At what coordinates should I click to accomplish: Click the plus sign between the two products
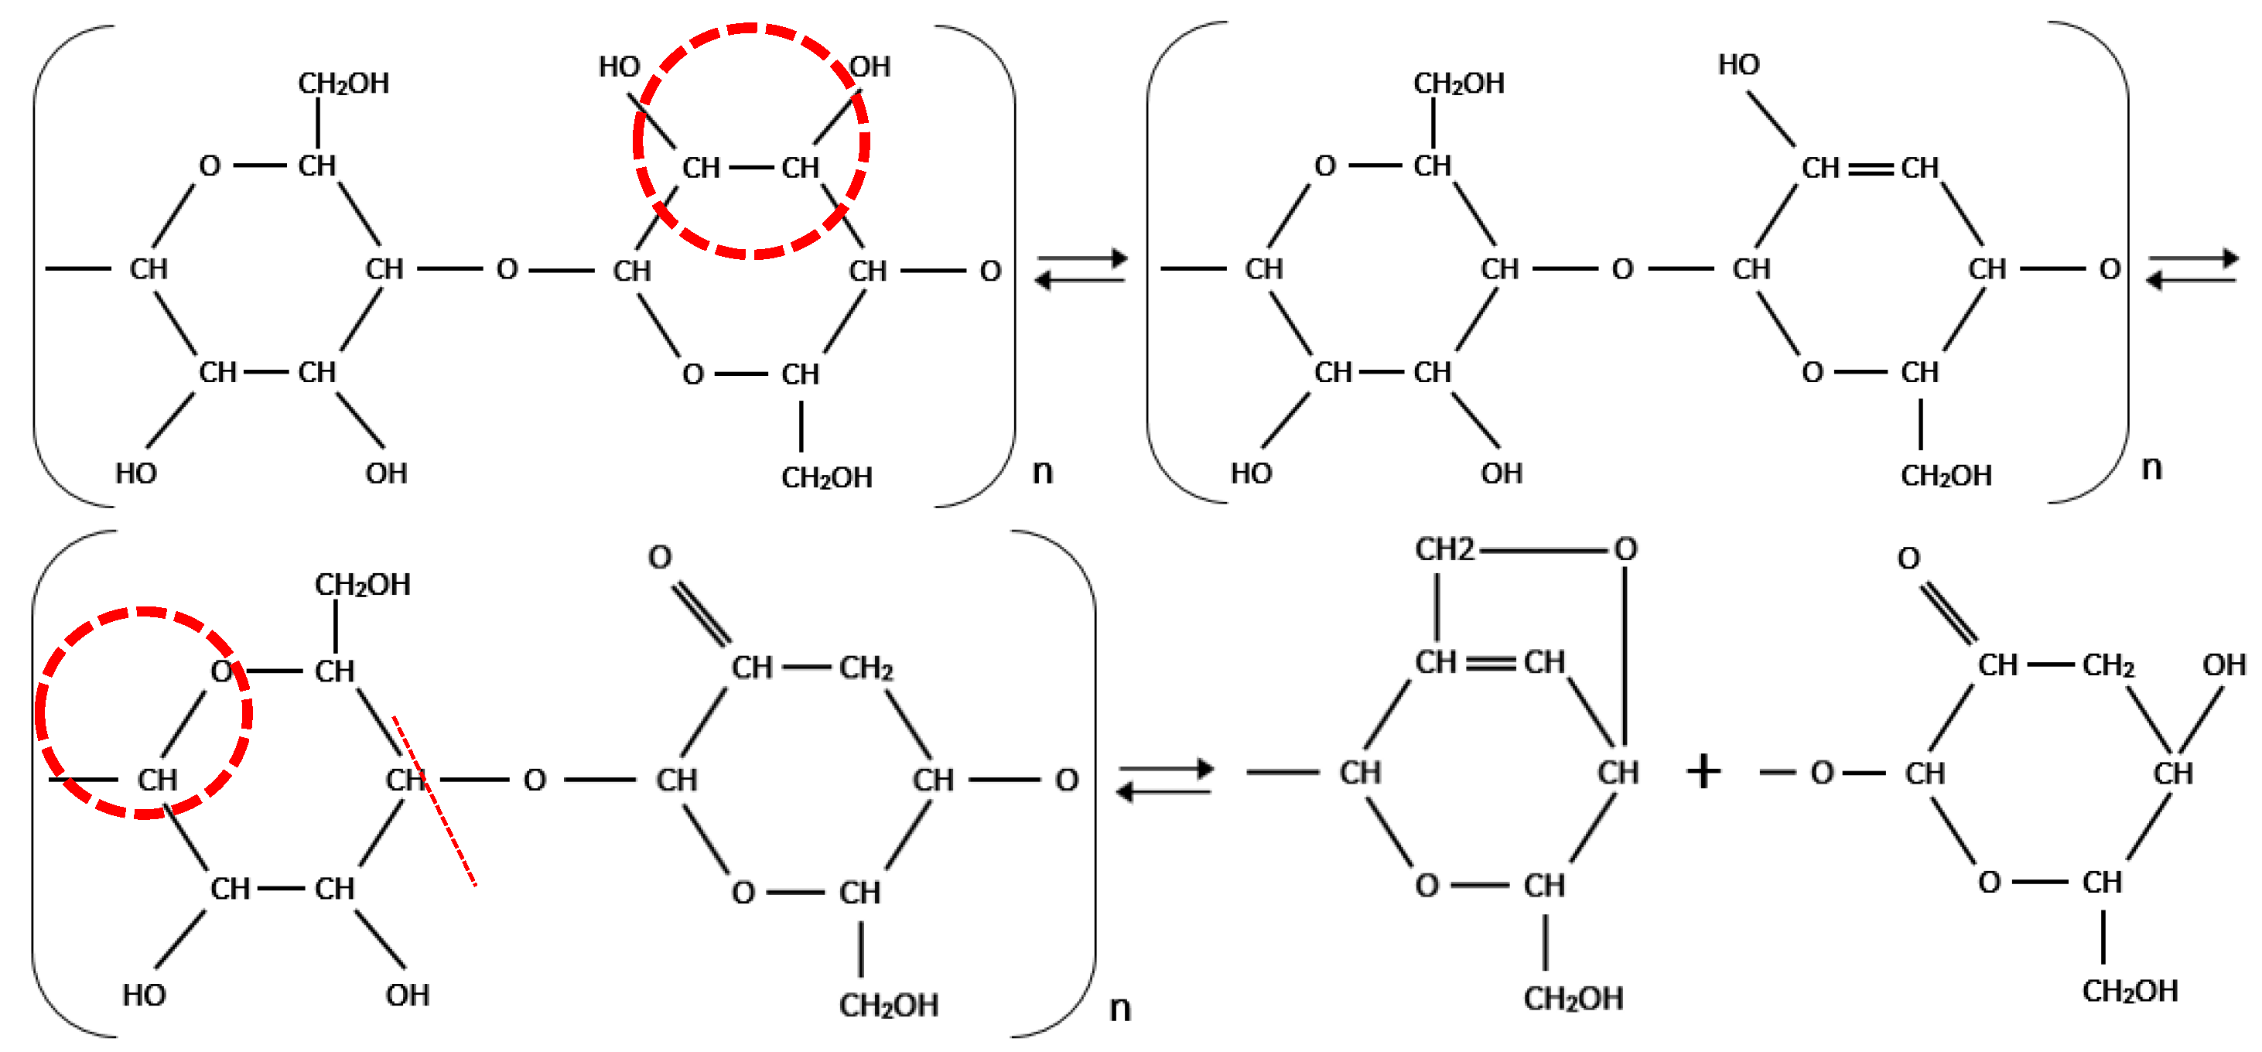coord(1703,772)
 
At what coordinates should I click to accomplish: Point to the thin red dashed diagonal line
coord(435,801)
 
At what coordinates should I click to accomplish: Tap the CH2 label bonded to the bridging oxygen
coord(1444,550)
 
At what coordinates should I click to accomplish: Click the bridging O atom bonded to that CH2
coord(1625,550)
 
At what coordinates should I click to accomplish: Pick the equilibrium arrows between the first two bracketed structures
coord(1081,268)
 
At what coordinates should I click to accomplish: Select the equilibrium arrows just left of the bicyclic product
coord(1164,780)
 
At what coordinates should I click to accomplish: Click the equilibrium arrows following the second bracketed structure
coord(2192,268)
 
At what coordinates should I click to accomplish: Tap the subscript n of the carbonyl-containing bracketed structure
coord(1119,1008)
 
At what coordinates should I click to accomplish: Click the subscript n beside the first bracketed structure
coord(1042,472)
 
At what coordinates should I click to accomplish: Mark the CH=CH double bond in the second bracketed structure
coord(1871,168)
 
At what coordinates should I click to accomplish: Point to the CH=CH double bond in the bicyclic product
coord(1490,662)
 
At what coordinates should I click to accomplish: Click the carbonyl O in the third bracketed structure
coord(659,557)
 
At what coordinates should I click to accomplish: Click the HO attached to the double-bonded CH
coord(1738,65)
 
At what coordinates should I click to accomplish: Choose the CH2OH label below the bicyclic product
coord(1573,999)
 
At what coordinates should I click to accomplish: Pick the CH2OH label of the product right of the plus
coord(2130,992)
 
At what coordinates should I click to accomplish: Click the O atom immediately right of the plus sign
coord(1822,773)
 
